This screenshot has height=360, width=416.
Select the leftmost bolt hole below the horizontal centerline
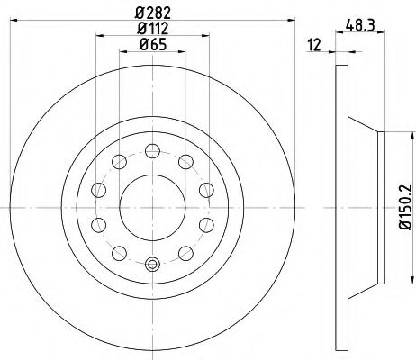100,223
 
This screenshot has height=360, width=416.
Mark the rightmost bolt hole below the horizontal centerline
205,223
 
